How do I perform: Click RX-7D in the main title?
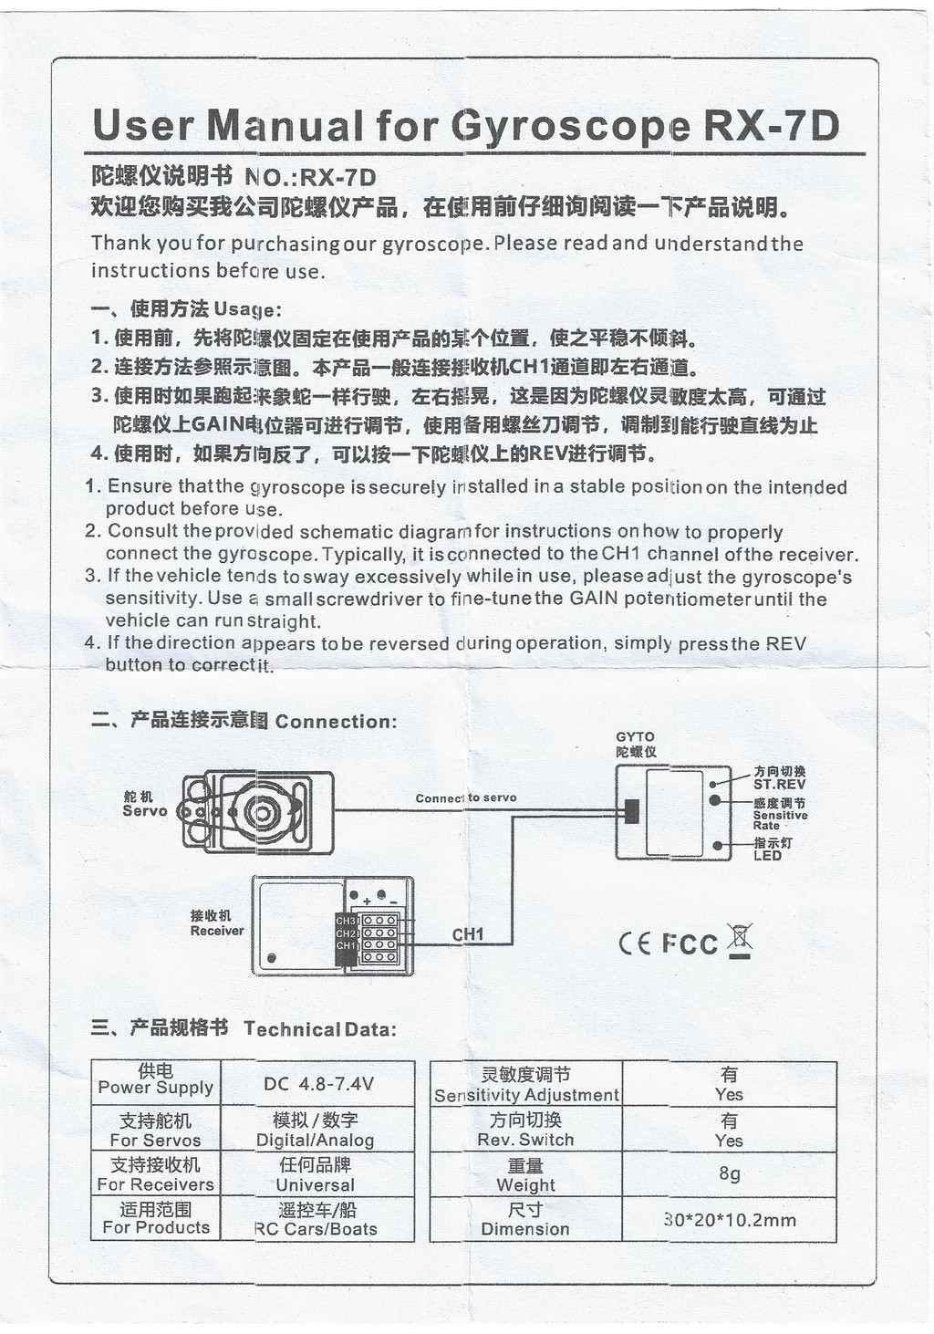(x=771, y=125)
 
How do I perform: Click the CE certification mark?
(x=635, y=943)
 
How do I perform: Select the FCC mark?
(x=690, y=943)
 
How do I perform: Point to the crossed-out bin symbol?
(x=740, y=941)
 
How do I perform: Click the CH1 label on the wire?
(x=468, y=934)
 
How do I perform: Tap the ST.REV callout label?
(x=778, y=785)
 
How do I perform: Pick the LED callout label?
(x=767, y=856)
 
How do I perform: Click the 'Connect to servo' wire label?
(x=465, y=797)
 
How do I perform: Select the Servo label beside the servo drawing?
(x=145, y=810)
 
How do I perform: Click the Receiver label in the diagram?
(x=217, y=931)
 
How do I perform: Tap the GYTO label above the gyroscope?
(x=635, y=736)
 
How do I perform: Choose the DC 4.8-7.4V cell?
(x=318, y=1083)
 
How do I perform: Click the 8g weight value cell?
(x=729, y=1173)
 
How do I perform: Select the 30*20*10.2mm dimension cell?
(x=730, y=1220)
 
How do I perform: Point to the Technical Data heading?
(x=319, y=1029)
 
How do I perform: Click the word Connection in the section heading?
(x=335, y=722)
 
